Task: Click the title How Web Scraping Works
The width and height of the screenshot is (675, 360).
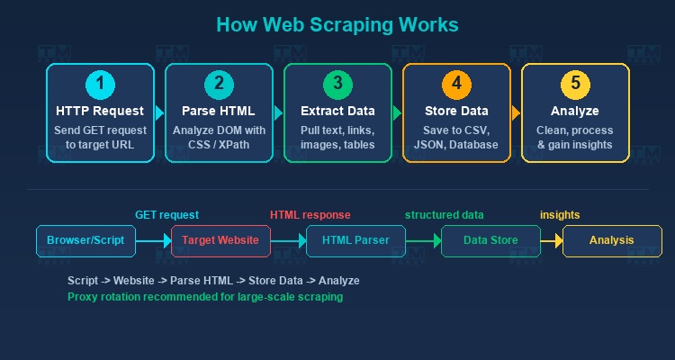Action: pyautogui.click(x=337, y=24)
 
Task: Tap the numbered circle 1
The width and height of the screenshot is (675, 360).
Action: pyautogui.click(x=100, y=85)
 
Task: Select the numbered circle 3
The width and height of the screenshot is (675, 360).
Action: pyautogui.click(x=337, y=85)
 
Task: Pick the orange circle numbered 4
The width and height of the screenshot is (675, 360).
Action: pyautogui.click(x=456, y=85)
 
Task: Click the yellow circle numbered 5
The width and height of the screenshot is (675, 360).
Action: pyautogui.click(x=575, y=85)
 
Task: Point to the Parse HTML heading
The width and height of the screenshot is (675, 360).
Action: pyautogui.click(x=219, y=112)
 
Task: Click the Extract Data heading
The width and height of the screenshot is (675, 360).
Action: pyautogui.click(x=337, y=112)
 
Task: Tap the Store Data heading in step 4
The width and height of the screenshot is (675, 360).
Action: pyautogui.click(x=456, y=112)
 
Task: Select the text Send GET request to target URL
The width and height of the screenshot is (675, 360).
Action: pyautogui.click(x=100, y=138)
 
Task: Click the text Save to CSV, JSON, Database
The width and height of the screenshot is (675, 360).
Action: pyautogui.click(x=456, y=138)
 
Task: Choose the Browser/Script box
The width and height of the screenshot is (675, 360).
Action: pyautogui.click(x=85, y=241)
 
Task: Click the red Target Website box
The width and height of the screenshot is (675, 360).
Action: pyautogui.click(x=220, y=241)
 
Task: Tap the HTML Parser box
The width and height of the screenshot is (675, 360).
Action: pyautogui.click(x=355, y=241)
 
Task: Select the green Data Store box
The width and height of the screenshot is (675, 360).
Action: pyautogui.click(x=490, y=241)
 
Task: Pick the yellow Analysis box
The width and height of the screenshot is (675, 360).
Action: pyautogui.click(x=612, y=241)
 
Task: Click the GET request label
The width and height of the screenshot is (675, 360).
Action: pyautogui.click(x=166, y=215)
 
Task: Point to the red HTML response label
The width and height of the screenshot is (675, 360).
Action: pyautogui.click(x=310, y=215)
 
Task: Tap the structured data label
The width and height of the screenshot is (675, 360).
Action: pyautogui.click(x=444, y=215)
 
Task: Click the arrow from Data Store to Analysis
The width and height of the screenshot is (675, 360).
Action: pyautogui.click(x=552, y=241)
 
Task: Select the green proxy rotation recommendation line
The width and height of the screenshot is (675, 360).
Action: pyautogui.click(x=205, y=296)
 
